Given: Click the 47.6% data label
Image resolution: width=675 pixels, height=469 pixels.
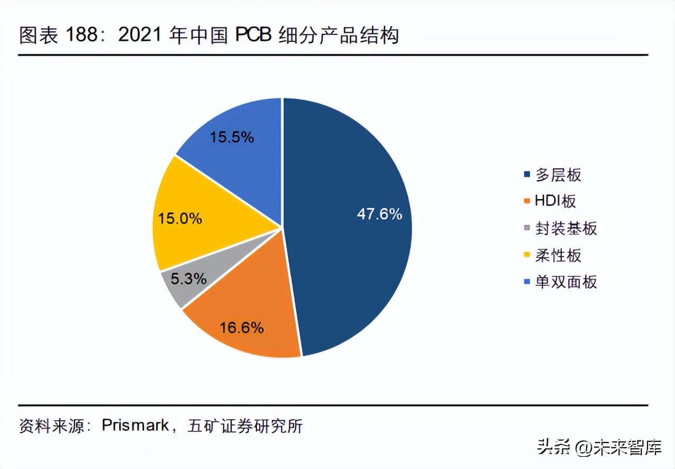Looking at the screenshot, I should point(379,214).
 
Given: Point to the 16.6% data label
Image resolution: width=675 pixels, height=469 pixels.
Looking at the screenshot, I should point(241,328).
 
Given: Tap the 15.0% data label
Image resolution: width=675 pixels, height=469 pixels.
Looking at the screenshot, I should point(180,218).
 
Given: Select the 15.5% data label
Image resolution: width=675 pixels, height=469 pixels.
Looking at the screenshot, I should point(232,138).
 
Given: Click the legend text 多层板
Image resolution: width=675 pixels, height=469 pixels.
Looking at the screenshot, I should point(558,174).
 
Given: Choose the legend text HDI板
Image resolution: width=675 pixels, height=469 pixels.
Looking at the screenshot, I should point(555,201).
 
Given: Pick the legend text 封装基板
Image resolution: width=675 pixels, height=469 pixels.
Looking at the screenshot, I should point(565,228).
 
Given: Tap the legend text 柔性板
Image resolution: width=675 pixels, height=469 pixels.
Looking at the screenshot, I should point(558,255).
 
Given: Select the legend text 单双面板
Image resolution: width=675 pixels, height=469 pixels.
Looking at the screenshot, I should point(565,282).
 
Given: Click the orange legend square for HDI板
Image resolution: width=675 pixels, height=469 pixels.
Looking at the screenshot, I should point(526,202).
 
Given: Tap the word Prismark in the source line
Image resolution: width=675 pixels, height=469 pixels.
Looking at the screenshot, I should point(135,426).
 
